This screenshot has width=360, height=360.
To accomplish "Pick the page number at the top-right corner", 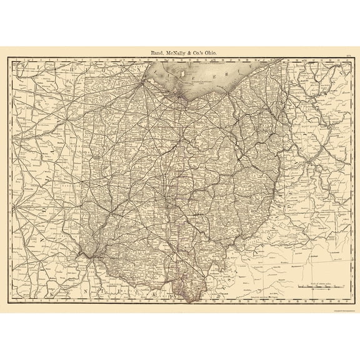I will (347, 56).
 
